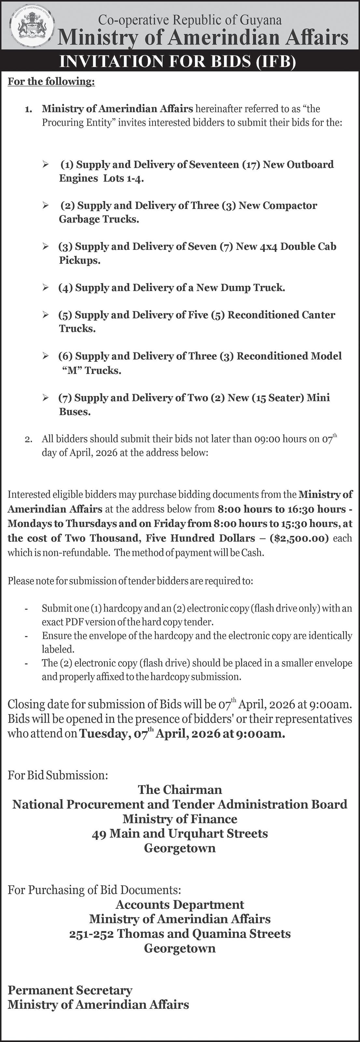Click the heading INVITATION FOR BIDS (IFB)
coord(178,62)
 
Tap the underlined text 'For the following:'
coord(51,82)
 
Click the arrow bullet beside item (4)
coord(46,288)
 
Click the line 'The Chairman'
coord(180,790)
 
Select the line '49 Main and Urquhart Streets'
coord(180,833)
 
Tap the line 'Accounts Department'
coord(180,905)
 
